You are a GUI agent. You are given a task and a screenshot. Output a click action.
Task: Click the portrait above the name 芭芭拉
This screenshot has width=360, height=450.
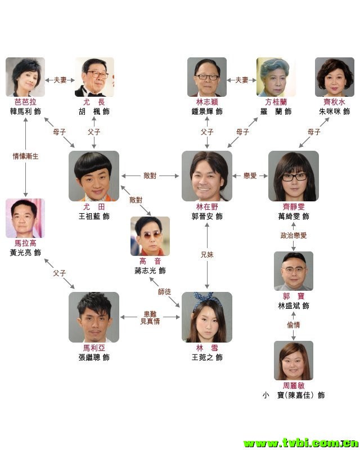pos(25,76)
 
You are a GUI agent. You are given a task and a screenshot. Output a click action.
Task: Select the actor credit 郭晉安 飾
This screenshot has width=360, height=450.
pos(207,216)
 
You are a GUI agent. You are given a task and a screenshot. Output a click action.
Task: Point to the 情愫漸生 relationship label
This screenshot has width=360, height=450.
pos(26,156)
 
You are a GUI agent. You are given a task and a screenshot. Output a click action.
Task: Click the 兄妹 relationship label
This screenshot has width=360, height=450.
pos(207,255)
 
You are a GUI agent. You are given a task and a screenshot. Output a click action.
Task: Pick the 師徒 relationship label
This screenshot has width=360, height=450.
pos(165,291)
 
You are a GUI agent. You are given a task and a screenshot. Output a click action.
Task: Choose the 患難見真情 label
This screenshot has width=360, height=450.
pos(150,317)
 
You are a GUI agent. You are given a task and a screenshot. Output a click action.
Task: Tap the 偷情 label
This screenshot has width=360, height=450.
pos(294,325)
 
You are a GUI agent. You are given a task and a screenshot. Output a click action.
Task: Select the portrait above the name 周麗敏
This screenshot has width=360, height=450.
pos(294,360)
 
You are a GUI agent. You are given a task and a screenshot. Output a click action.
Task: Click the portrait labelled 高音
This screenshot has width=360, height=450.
pos(150,236)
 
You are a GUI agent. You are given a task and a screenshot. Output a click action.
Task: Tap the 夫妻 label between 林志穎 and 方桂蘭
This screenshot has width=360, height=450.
pos(241,80)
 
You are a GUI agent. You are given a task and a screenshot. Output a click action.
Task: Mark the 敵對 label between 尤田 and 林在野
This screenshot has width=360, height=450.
pos(150,176)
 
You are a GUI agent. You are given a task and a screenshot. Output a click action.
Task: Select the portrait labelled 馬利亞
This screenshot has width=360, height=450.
pos(94,317)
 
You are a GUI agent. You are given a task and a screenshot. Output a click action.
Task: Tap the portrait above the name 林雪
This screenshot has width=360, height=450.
pos(207,317)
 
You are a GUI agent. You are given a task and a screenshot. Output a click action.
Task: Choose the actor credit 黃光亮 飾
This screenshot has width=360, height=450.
pos(26,253)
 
